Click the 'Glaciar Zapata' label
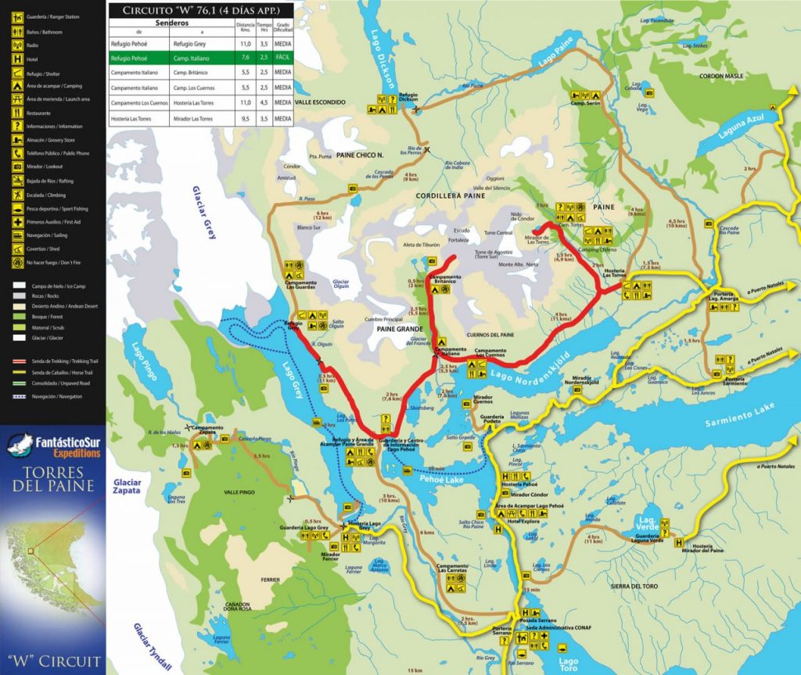point(127,487)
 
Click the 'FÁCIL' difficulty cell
point(282,58)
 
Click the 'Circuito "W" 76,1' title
point(199,10)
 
